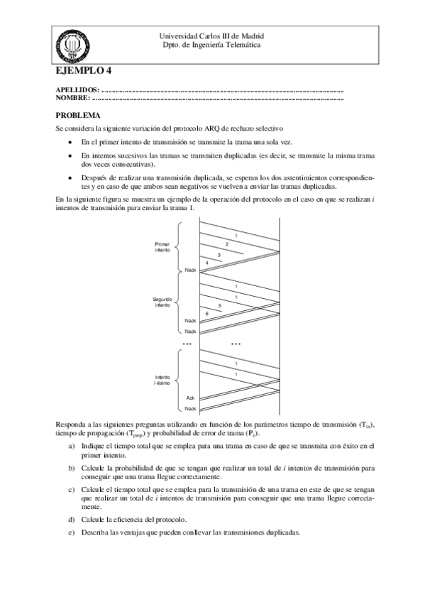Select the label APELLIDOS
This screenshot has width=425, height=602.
(77, 91)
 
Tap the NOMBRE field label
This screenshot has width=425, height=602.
(73, 99)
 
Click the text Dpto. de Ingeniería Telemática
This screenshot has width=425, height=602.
(212, 45)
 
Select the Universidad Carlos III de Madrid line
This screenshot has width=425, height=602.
(212, 35)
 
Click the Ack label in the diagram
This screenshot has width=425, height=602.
(190, 398)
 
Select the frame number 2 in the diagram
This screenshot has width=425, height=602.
(226, 243)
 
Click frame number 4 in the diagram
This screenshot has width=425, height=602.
(206, 263)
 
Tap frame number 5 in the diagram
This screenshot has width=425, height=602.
(219, 305)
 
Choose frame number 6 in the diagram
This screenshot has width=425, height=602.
(206, 313)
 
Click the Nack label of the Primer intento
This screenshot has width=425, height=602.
(189, 270)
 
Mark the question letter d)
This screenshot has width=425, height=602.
(71, 520)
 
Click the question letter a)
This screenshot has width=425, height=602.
(71, 445)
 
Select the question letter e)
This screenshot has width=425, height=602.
(71, 532)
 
